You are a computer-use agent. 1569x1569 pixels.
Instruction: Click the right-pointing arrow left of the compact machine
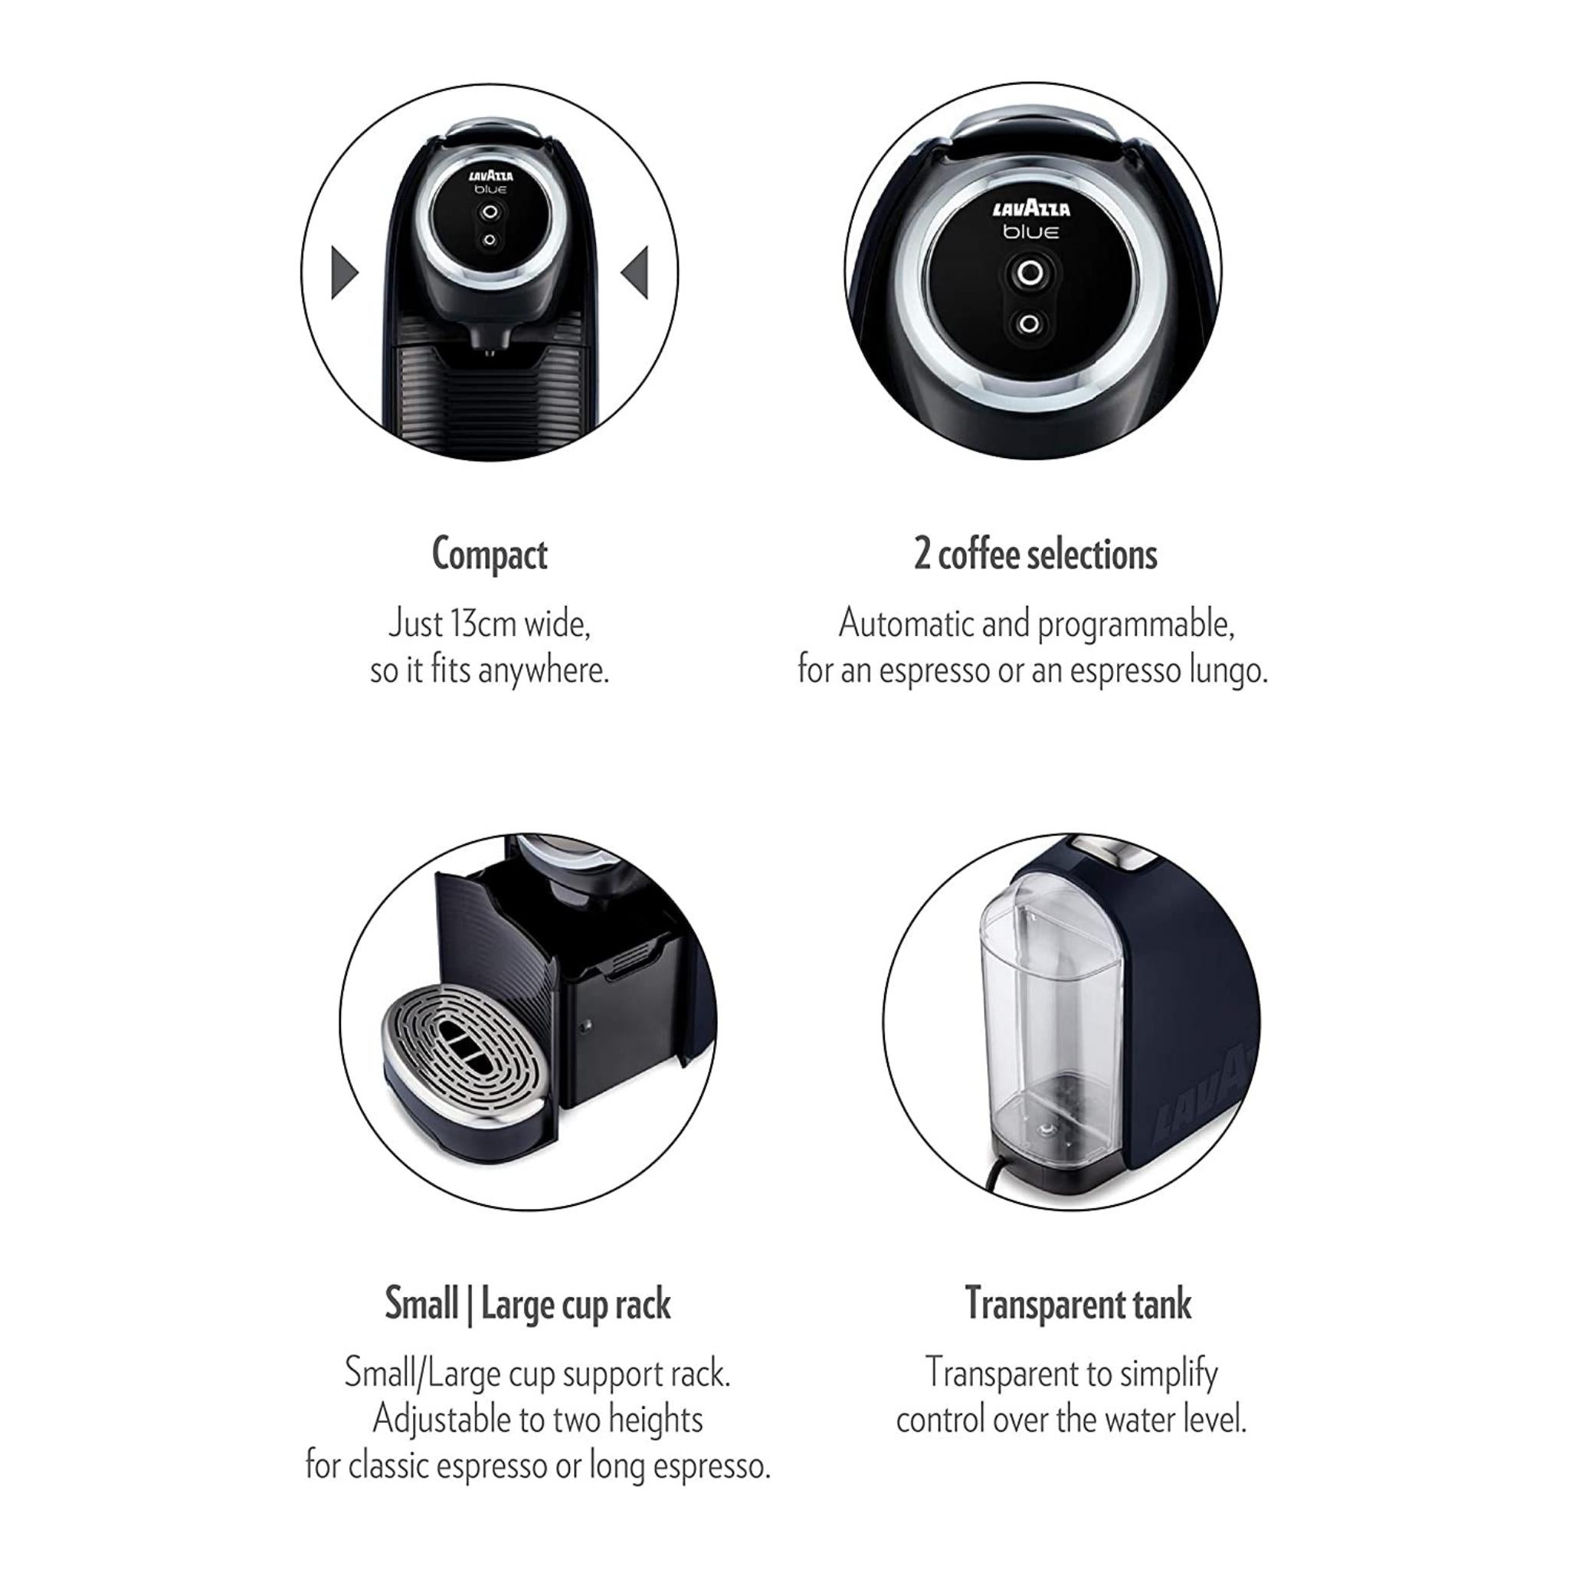[x=343, y=272]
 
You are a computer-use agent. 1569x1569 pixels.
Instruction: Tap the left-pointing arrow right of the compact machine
[x=635, y=272]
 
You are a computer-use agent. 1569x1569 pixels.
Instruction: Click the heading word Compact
[x=489, y=555]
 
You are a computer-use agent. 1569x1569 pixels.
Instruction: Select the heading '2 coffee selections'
[x=1036, y=555]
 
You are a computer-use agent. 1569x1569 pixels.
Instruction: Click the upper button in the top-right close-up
[x=1030, y=273]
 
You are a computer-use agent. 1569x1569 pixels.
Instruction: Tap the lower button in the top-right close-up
[x=1029, y=324]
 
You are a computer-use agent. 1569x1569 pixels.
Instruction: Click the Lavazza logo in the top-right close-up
[x=1031, y=208]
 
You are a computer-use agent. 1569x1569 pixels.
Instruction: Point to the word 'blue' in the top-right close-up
[x=1030, y=232]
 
